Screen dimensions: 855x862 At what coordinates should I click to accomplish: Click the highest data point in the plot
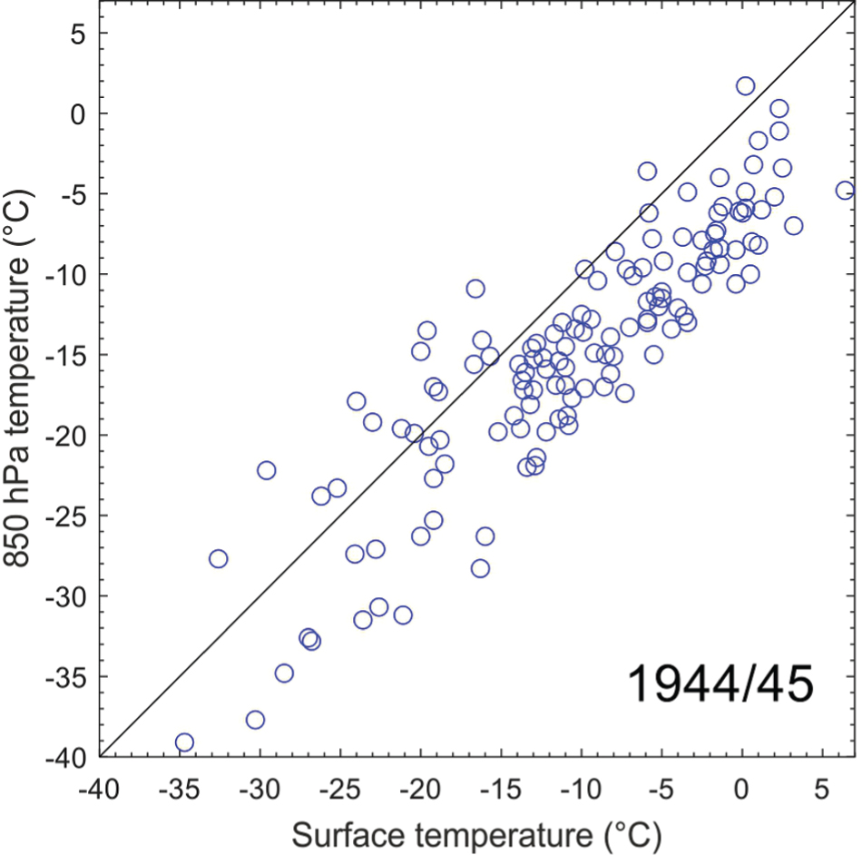745,86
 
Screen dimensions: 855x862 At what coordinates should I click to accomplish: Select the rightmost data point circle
845,191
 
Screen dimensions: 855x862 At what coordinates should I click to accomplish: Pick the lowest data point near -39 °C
184,742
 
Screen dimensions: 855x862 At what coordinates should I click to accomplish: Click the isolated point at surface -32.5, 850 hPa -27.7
219,558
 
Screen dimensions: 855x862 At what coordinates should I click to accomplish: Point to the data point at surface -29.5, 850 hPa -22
266,470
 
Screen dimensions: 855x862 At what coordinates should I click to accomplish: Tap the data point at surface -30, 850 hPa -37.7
255,720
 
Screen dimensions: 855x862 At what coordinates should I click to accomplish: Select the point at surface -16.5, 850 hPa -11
475,289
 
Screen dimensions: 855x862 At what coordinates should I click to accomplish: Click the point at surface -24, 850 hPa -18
356,401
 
